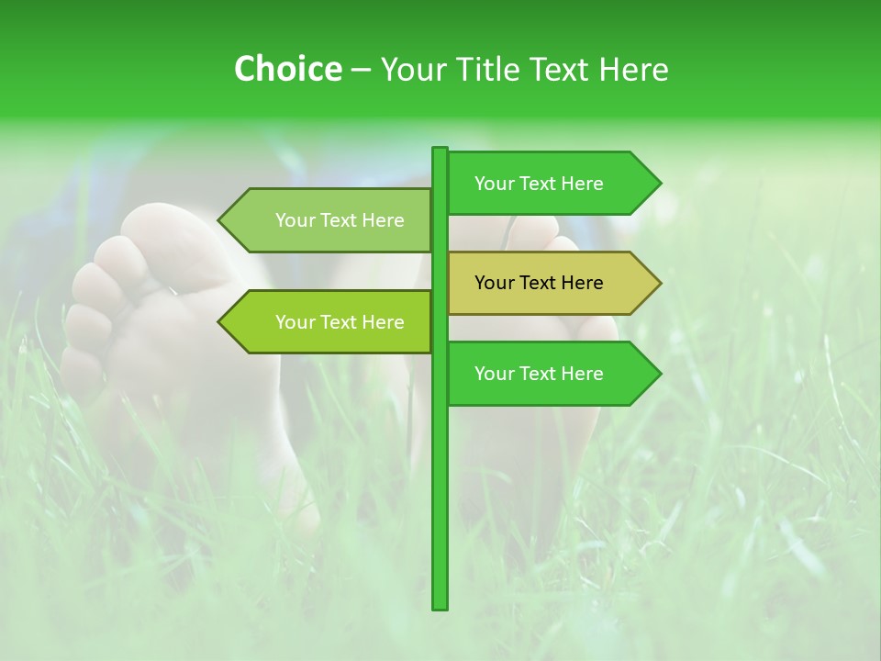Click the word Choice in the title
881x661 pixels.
(287, 70)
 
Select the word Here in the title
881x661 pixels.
(633, 70)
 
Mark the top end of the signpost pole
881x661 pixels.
(440, 151)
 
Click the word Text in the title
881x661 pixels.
(560, 70)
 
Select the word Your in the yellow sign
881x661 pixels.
(495, 283)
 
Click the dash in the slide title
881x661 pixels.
(361, 70)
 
